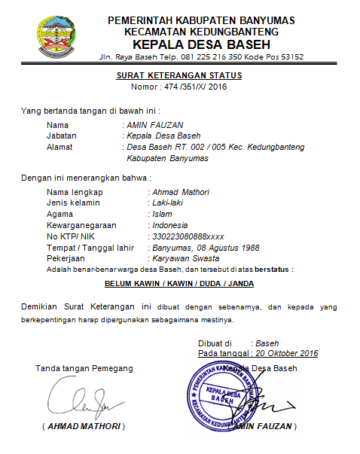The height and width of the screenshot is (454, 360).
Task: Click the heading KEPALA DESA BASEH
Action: click(x=200, y=44)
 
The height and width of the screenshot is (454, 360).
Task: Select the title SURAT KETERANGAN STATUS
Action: click(x=178, y=75)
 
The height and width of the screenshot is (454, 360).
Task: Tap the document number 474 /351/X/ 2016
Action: click(x=194, y=87)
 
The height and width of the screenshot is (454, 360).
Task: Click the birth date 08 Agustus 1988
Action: click(x=229, y=247)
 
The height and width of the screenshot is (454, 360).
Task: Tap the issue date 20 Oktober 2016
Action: click(x=286, y=353)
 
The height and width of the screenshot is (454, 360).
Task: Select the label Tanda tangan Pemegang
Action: click(x=84, y=368)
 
